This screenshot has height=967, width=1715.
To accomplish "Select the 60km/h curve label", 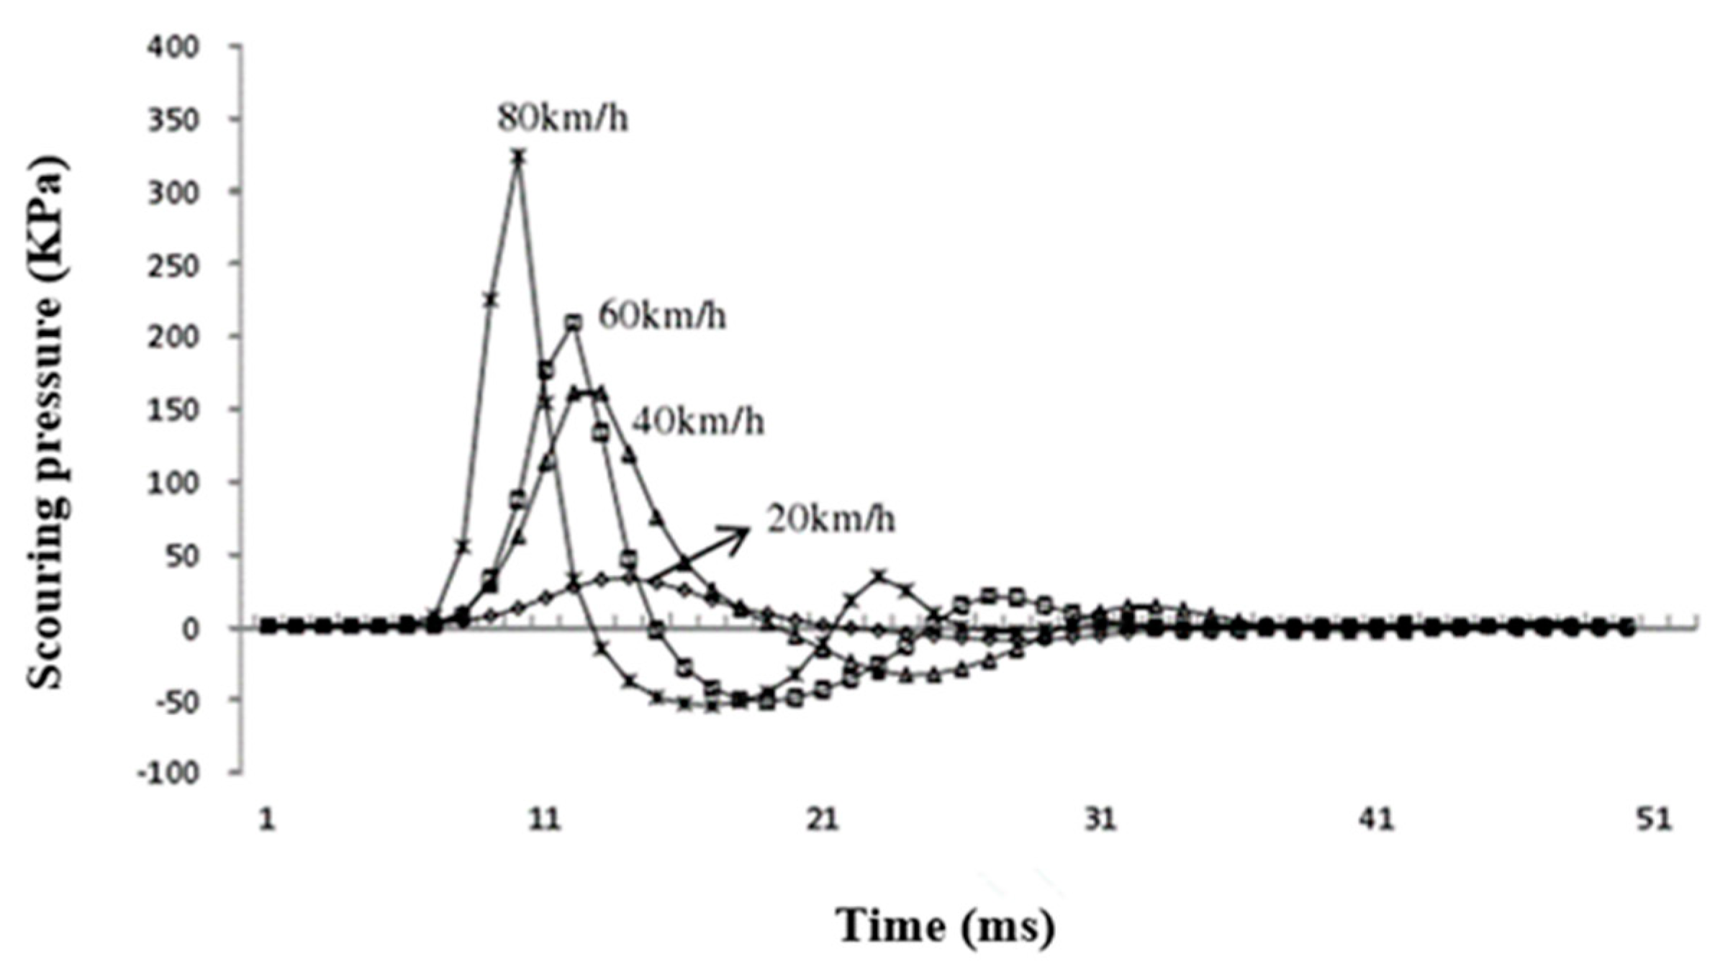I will click(x=662, y=317).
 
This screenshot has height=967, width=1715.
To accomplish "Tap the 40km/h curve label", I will click(x=698, y=422).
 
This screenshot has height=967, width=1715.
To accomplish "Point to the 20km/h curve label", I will click(x=831, y=519).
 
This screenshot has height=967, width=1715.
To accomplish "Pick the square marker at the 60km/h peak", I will click(x=573, y=323).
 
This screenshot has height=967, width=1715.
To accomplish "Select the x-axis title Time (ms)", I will click(x=945, y=926).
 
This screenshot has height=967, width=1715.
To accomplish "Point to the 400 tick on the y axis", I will click(x=172, y=47).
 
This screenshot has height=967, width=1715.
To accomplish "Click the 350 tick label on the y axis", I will click(x=172, y=119).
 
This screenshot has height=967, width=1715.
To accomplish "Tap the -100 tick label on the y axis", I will click(x=167, y=773).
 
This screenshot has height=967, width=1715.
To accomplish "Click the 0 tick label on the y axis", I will click(x=189, y=629).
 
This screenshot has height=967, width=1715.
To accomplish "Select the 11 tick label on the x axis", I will click(x=545, y=821).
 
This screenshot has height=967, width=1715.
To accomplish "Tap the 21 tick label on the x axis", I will click(x=822, y=821).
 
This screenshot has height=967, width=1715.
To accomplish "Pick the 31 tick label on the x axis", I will click(x=1100, y=821).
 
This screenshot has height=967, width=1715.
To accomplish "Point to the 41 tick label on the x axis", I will click(x=1377, y=821).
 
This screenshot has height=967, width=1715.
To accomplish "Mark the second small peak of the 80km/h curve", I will click(x=879, y=575).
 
